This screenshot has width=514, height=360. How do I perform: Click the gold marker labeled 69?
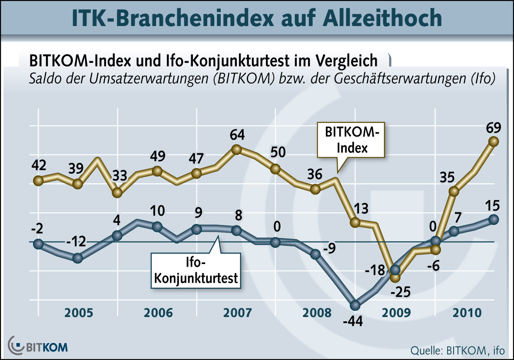pos(493,141)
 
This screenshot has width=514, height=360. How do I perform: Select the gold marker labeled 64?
pos(236,149)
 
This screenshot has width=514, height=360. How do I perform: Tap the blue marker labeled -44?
pos(355,304)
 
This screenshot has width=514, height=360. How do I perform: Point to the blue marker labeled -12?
pos(78,258)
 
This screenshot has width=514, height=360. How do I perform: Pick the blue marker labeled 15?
pos(493,219)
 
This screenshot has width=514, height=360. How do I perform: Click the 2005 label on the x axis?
pos(78,313)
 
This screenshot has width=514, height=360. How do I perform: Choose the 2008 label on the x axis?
pos(316,313)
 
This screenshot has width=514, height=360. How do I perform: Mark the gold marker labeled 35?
pos(454,192)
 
